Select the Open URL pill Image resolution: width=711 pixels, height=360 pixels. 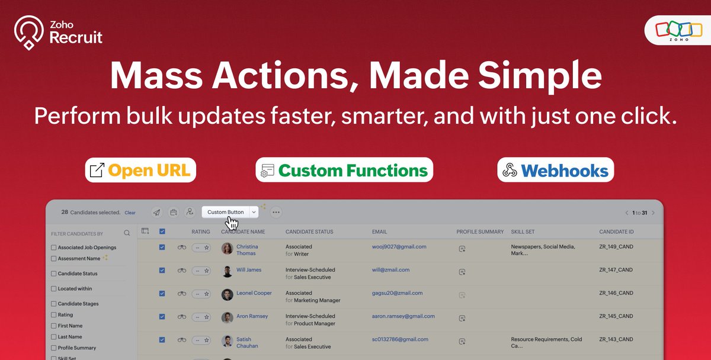tap(140, 171)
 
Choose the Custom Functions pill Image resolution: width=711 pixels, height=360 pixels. tap(344, 171)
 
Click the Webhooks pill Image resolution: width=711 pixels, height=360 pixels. tap(556, 171)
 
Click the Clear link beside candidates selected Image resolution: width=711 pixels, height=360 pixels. tap(130, 213)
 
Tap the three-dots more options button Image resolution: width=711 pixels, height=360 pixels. tap(276, 212)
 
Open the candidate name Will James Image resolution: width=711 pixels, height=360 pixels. tap(249, 270)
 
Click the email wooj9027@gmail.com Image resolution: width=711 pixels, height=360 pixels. tap(399, 246)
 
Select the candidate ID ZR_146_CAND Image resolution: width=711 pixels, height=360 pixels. tap(616, 293)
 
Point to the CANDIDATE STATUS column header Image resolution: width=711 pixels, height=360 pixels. tap(309, 232)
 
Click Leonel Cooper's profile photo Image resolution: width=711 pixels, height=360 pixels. tap(228, 294)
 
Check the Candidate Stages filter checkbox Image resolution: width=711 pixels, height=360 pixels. tap(54, 304)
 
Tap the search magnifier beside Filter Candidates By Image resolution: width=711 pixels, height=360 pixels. tap(127, 233)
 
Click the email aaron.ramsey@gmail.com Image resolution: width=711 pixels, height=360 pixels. tap(403, 316)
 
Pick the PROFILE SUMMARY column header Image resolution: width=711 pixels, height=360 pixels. tap(480, 232)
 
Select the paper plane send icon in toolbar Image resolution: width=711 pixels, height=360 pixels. tap(156, 212)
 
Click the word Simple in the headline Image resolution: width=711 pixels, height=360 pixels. tap(528, 76)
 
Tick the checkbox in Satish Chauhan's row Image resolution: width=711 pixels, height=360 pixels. tap(162, 340)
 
